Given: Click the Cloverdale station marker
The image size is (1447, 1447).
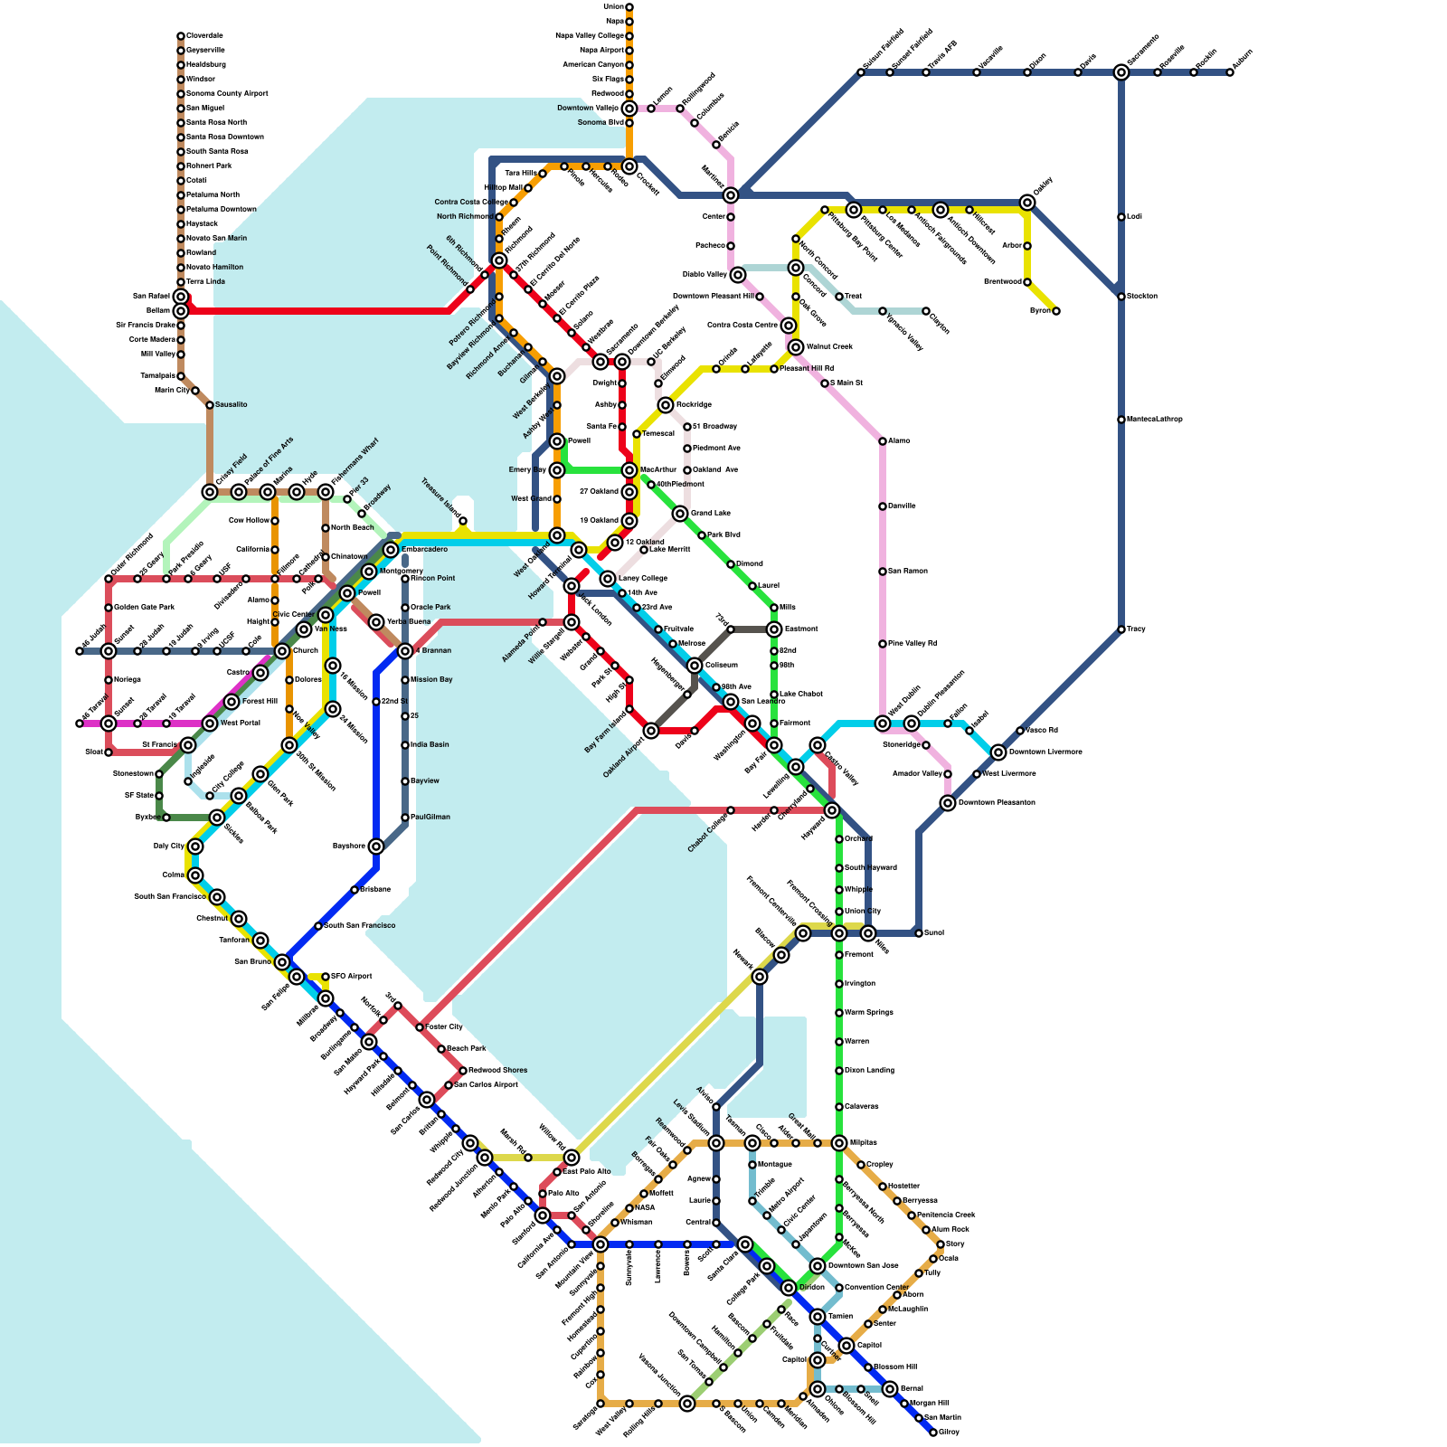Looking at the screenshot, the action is pyautogui.click(x=181, y=36).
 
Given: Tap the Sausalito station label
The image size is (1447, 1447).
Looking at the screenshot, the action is pyautogui.click(x=232, y=405).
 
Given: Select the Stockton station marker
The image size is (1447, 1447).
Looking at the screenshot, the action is pyautogui.click(x=1121, y=297).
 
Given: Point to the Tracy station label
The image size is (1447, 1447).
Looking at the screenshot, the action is pyautogui.click(x=1137, y=629).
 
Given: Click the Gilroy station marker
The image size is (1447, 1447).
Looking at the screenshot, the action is pyautogui.click(x=933, y=1433).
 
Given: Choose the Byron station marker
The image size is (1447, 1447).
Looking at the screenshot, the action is pyautogui.click(x=1056, y=311).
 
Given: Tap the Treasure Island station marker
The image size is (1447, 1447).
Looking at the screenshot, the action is pyautogui.click(x=463, y=521).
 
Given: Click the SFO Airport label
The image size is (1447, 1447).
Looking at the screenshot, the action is pyautogui.click(x=352, y=977).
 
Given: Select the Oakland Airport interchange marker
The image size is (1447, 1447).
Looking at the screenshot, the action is pyautogui.click(x=651, y=731).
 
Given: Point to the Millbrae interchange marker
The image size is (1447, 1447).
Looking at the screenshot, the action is pyautogui.click(x=326, y=998).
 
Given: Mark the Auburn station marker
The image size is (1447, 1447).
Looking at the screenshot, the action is pyautogui.click(x=1230, y=72).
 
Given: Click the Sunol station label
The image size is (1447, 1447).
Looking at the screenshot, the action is pyautogui.click(x=934, y=933).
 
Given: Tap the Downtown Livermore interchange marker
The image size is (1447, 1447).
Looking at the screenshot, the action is pyautogui.click(x=998, y=752).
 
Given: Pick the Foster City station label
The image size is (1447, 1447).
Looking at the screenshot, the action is pyautogui.click(x=444, y=1027).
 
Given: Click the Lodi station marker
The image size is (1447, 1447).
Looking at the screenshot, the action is pyautogui.click(x=1121, y=217).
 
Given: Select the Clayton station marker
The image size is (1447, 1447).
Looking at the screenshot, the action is pyautogui.click(x=926, y=311).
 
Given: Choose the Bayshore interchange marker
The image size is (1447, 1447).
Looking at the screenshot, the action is pyautogui.click(x=376, y=846).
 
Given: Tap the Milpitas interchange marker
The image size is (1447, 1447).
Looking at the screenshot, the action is pyautogui.click(x=839, y=1143).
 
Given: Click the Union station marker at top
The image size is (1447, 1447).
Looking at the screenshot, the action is pyautogui.click(x=629, y=7).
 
